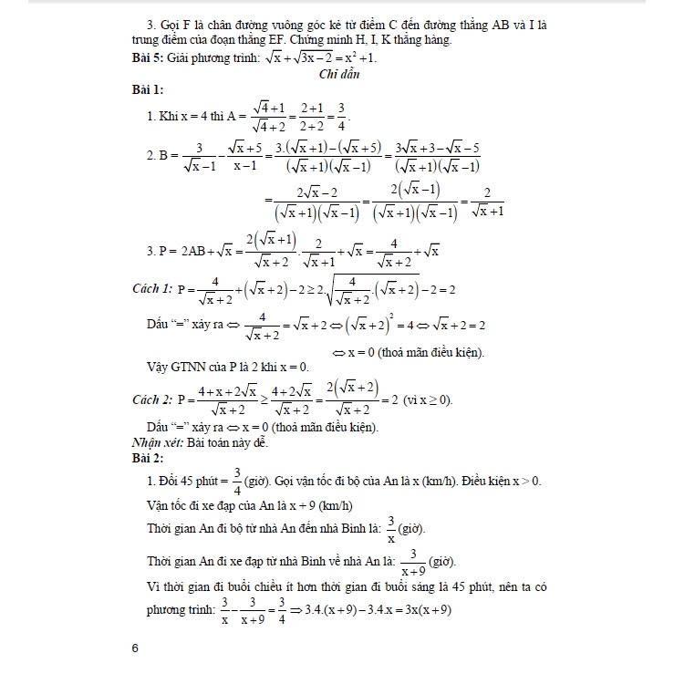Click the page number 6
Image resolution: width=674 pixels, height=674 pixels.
point(135,648)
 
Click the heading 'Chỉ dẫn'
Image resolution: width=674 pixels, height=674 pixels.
point(338,75)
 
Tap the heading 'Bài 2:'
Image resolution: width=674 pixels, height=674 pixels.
point(148,456)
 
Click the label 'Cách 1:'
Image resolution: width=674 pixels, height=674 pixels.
point(152,288)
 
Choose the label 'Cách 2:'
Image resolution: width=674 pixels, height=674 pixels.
point(152,399)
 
